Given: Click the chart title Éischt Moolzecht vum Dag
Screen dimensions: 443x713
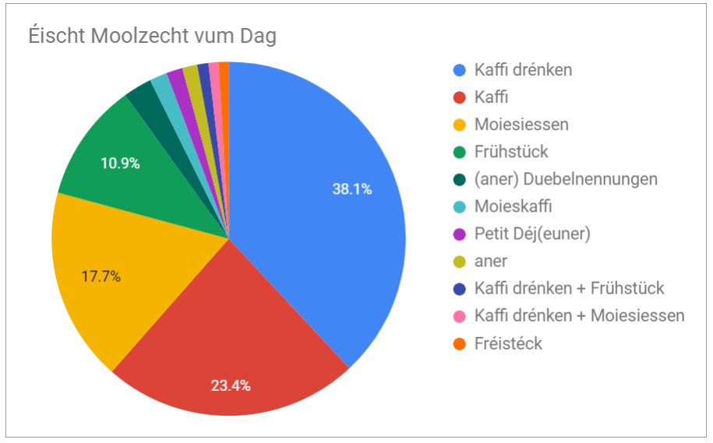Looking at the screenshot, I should [152, 37].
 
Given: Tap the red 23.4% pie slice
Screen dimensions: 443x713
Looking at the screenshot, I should [234, 343].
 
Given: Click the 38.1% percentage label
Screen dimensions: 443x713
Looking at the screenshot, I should [353, 188].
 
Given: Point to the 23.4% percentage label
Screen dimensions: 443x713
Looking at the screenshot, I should [231, 385].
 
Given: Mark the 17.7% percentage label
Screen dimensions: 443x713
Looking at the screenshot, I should [101, 276].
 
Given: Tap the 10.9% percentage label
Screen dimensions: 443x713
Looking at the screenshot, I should [120, 163].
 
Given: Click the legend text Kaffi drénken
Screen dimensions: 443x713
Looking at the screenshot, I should [523, 70].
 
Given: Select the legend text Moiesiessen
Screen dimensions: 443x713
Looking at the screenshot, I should [521, 125].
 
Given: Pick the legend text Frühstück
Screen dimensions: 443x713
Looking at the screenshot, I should [511, 152].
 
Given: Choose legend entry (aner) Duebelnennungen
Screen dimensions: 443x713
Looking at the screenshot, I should [566, 179].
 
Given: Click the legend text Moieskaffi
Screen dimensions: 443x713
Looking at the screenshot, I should [514, 206].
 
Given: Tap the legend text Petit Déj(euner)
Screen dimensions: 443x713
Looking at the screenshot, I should [531, 234].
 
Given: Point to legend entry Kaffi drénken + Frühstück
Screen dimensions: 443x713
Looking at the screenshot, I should [569, 288].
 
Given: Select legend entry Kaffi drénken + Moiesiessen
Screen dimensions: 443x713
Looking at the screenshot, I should [579, 315].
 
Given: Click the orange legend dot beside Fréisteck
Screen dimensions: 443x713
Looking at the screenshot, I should [460, 343].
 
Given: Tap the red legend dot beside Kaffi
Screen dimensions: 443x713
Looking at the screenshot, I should [460, 97].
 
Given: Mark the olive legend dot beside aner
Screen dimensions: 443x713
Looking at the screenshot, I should [460, 262].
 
